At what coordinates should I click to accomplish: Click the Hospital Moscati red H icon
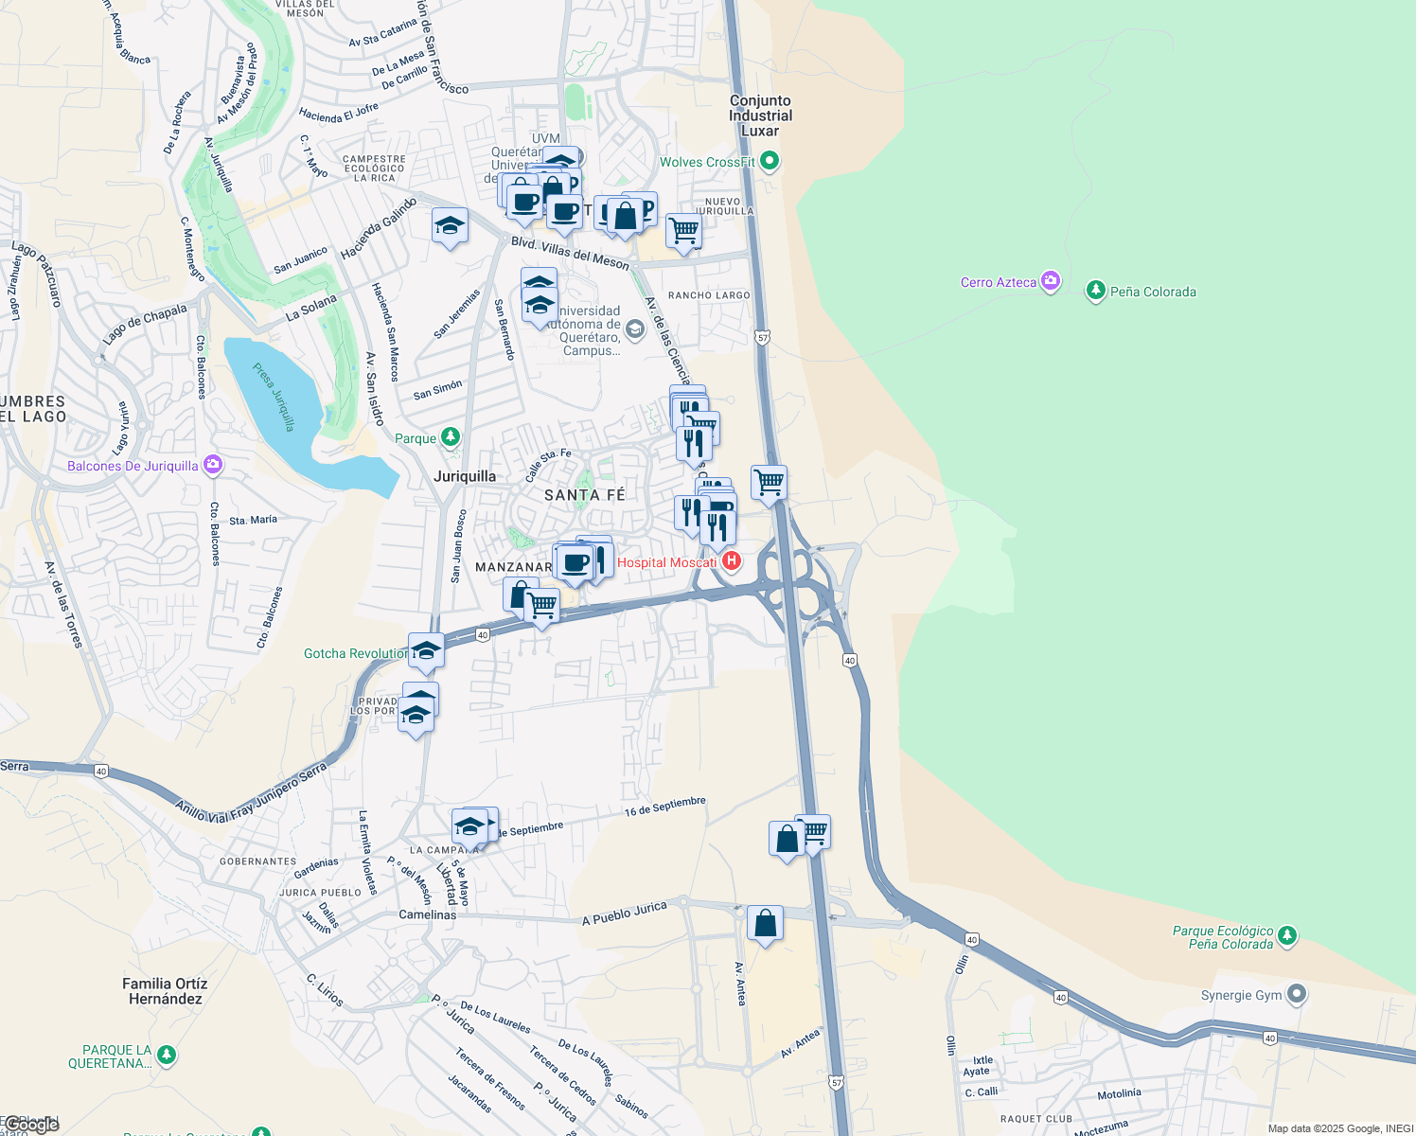(x=731, y=561)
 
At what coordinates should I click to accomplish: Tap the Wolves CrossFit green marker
(x=770, y=161)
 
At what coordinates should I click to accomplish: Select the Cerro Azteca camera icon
(x=1050, y=281)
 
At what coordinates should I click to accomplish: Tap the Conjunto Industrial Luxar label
(x=760, y=115)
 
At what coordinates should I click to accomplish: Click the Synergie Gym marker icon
(x=1297, y=994)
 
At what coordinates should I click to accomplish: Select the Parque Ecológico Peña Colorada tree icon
(x=1286, y=936)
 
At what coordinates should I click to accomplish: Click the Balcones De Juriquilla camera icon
(x=212, y=464)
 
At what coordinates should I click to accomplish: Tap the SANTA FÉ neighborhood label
(x=584, y=495)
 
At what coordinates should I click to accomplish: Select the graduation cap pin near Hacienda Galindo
(x=450, y=226)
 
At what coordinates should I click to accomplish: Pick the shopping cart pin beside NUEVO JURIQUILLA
(x=683, y=230)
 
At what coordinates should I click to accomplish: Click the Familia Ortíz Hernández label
(x=165, y=991)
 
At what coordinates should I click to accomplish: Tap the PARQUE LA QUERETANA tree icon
(x=167, y=1054)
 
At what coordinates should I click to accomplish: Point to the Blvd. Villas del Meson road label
(x=570, y=252)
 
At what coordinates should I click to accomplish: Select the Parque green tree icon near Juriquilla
(x=451, y=437)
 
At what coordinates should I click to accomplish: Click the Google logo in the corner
(x=30, y=1125)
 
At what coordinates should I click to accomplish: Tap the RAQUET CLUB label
(x=1036, y=1118)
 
